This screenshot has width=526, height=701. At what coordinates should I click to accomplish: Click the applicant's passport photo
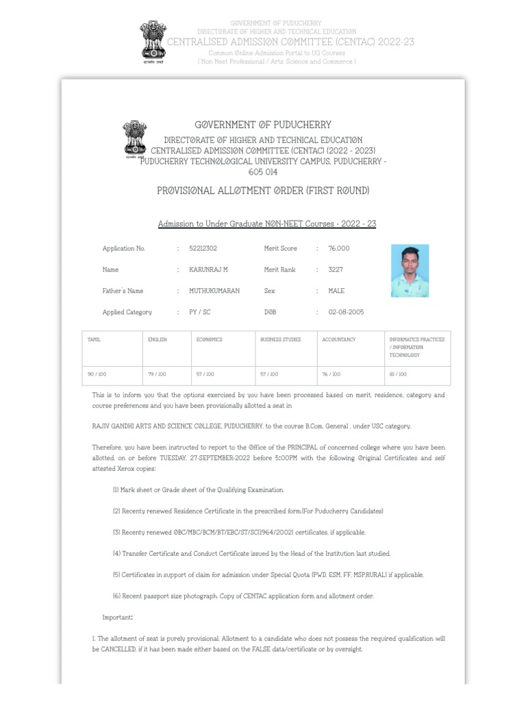click(410, 270)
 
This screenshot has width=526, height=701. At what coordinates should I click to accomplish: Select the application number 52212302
click(203, 248)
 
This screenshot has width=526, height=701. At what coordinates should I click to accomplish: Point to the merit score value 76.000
click(339, 248)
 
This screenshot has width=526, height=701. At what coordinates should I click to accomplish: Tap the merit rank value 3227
click(336, 270)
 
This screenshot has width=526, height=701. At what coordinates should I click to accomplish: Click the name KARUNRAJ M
click(209, 270)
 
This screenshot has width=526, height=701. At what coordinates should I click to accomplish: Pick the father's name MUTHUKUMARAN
click(214, 291)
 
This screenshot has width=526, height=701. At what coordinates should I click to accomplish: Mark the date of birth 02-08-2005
click(347, 312)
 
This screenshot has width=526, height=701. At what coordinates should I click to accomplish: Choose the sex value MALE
click(337, 291)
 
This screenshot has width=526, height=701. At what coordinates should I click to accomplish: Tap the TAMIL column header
click(94, 340)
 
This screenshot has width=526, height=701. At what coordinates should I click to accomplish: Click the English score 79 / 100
click(157, 374)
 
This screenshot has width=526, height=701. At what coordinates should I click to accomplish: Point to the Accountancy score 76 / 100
click(331, 374)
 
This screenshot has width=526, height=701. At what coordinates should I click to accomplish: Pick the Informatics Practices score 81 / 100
click(398, 374)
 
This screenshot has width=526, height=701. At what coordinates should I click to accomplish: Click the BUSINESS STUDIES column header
click(280, 340)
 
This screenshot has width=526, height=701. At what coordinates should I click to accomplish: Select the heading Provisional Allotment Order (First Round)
click(263, 190)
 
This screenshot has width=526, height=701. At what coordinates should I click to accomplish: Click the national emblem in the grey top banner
click(153, 41)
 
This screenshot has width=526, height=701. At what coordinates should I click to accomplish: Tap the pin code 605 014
click(263, 172)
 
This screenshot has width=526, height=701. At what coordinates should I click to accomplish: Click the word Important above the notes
click(117, 617)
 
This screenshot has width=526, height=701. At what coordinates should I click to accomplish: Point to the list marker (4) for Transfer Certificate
click(117, 553)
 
